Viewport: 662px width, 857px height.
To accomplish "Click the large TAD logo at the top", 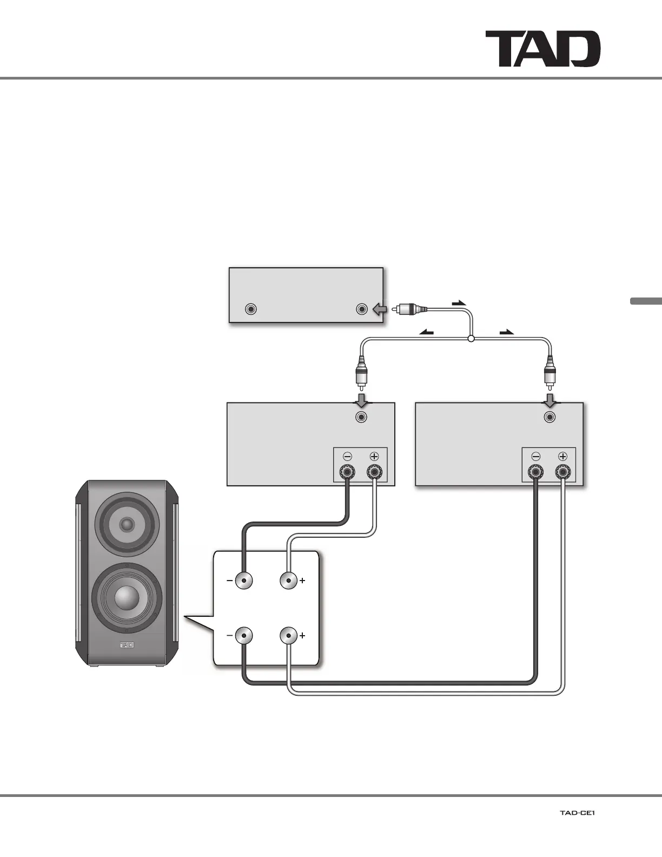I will coord(542,49).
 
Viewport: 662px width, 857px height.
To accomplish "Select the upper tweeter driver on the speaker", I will coord(127,524).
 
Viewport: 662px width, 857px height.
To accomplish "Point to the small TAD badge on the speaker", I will coord(127,645).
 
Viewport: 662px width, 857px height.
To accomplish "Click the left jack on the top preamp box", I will coord(250,309).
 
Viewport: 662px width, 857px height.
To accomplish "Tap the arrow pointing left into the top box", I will coord(380,309).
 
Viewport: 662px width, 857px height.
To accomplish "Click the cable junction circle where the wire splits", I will coord(471,339).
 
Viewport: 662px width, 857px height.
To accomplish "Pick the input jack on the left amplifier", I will coord(361,417).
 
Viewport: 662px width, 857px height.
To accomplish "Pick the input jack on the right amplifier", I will coord(550,417).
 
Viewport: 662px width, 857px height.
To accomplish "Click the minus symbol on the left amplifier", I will coord(348,457).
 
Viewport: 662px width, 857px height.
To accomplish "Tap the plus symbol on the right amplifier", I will coord(562,457).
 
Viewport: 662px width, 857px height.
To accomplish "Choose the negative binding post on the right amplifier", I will coord(535,472).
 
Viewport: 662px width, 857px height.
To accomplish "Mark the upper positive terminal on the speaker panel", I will coord(289,581).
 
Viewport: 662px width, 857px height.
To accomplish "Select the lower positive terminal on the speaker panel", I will coord(289,635).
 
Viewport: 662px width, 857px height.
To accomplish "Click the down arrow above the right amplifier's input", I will coord(550,401).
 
